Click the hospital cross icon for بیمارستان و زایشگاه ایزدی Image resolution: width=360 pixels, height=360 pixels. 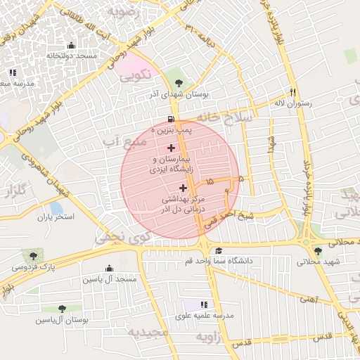click(171, 148)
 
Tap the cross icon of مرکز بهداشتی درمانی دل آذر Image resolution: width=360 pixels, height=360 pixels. click(184, 188)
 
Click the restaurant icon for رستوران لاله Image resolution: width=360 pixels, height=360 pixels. click(292, 91)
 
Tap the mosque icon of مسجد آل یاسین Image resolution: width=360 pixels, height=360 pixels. click(109, 268)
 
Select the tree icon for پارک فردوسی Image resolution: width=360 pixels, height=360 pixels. click(32, 255)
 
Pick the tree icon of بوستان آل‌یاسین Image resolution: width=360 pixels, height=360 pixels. click(63, 308)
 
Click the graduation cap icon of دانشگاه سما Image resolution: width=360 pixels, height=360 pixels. click(219, 250)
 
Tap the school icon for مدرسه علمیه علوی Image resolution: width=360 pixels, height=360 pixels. click(205, 304)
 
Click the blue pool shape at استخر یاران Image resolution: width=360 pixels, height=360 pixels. click(56, 209)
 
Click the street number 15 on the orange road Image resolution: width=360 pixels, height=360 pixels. click(210, 182)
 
